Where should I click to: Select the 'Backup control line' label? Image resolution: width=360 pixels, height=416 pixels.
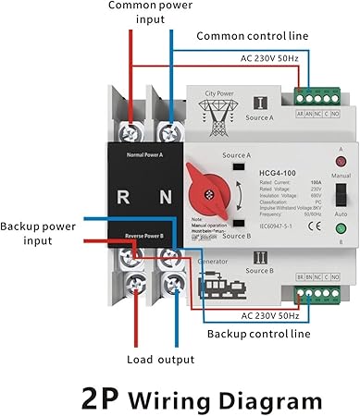tap(258, 334)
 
